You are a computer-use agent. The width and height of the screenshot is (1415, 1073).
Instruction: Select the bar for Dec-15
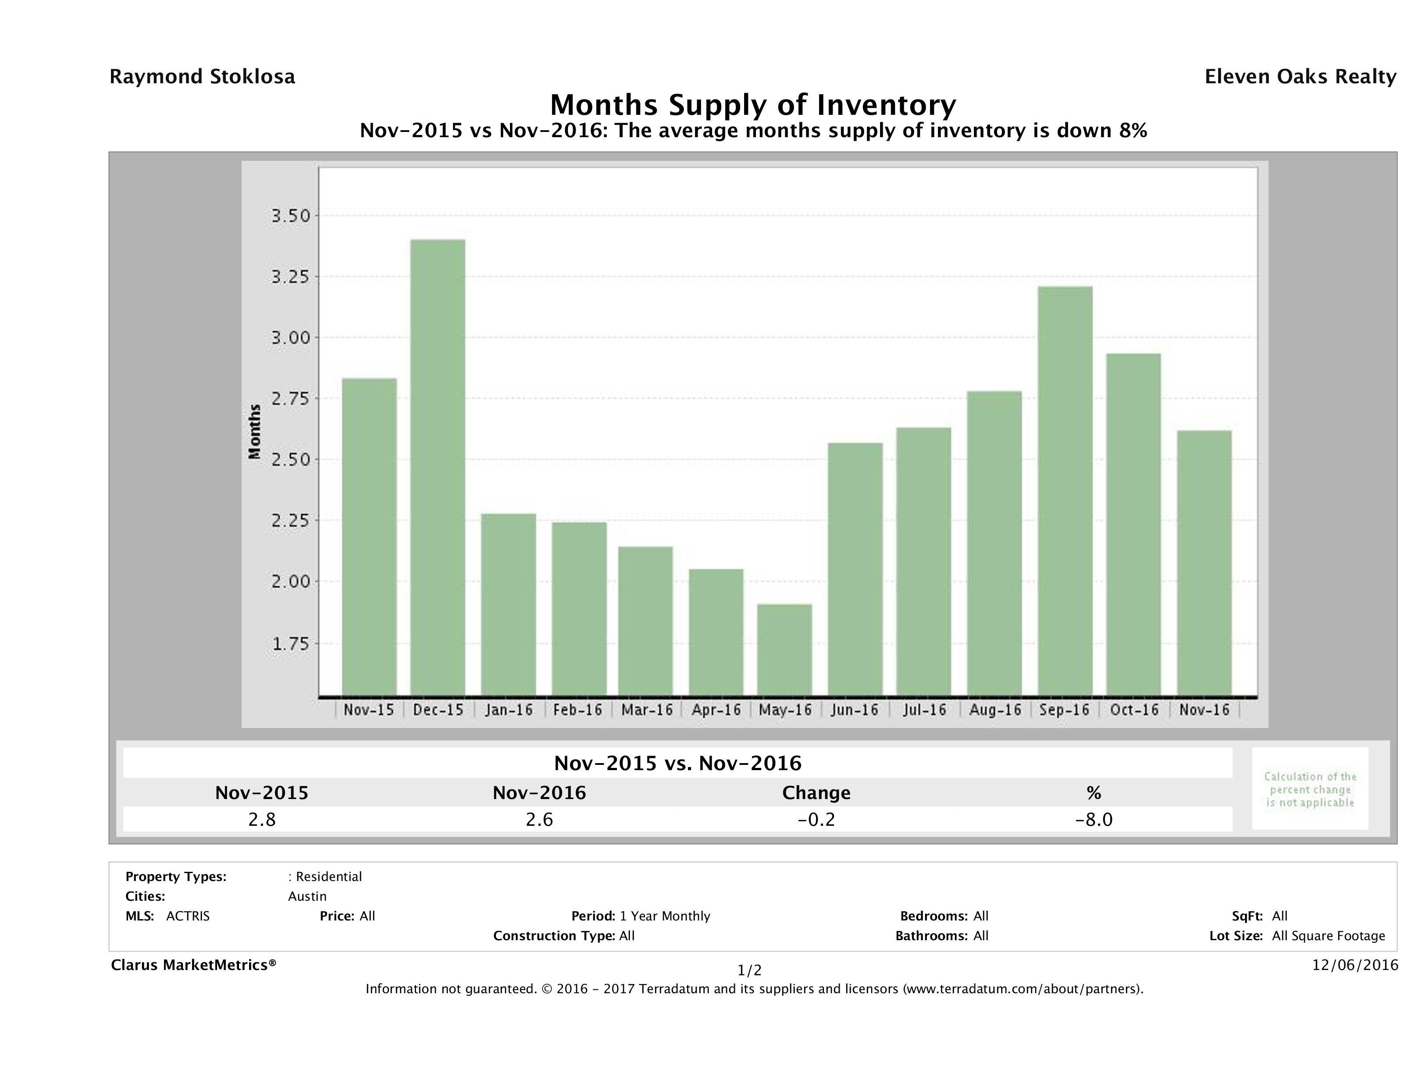438,467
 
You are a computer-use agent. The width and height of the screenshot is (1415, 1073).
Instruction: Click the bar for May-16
784,650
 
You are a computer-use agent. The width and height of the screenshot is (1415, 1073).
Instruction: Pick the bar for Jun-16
855,569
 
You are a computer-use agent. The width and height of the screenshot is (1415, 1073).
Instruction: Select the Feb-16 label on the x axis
577,710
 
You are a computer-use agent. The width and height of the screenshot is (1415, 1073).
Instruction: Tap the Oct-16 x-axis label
1134,710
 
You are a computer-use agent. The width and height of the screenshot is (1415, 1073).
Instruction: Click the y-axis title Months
255,432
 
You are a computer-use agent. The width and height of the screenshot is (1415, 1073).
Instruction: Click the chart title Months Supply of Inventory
753,105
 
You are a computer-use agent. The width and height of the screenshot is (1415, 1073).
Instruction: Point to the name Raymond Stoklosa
202,77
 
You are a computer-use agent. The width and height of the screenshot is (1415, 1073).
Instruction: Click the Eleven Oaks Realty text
1300,77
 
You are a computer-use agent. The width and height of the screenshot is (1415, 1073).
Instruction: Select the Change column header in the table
816,793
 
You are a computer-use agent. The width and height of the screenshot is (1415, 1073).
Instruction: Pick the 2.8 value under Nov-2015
262,819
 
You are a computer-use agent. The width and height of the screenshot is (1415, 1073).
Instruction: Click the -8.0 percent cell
1093,819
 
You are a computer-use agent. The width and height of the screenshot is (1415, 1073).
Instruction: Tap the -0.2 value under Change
816,819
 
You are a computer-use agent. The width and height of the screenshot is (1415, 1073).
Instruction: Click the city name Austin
307,896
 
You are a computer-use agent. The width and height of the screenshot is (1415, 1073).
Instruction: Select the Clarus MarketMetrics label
193,965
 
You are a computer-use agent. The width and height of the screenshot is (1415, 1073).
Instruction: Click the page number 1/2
749,971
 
